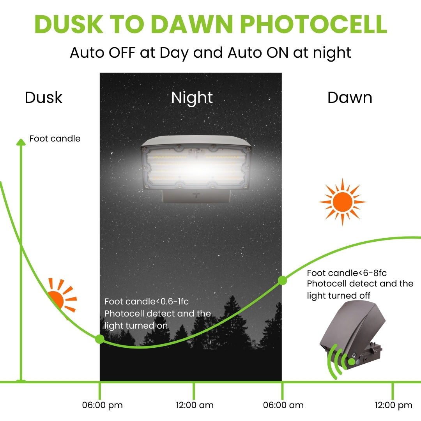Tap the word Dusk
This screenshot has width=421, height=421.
pos(43,97)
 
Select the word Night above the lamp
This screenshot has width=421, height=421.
pos(192,97)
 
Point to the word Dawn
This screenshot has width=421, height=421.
pos(350,97)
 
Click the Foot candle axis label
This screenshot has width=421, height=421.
pos(55,139)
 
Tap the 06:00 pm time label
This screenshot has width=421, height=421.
pos(102,405)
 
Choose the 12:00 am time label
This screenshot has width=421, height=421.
pos(195,405)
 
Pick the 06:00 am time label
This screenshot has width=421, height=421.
pos(283,405)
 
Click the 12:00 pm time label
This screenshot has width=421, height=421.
pos(393,405)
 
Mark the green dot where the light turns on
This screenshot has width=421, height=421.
pos(99,339)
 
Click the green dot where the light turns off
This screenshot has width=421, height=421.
pos(282,280)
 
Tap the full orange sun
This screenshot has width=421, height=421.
pos(342,202)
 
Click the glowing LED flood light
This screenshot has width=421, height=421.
pos(195,168)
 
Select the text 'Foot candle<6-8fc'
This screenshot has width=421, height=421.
pos(347,273)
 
